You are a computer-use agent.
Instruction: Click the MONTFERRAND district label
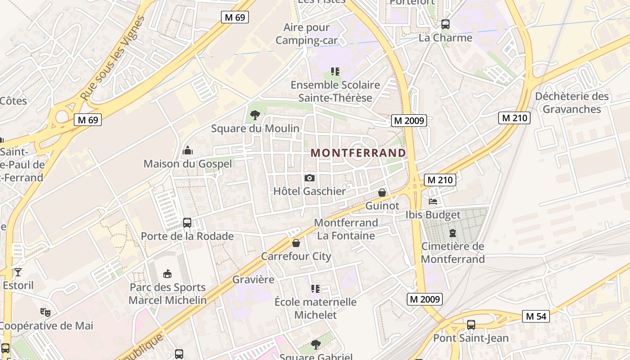click(358, 153)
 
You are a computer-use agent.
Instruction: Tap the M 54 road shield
click(535, 316)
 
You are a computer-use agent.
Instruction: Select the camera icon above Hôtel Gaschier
click(310, 178)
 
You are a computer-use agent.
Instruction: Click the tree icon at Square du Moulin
click(255, 115)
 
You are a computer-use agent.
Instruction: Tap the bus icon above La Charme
click(445, 24)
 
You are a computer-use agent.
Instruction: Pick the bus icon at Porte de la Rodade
click(187, 223)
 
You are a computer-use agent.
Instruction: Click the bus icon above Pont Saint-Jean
click(471, 324)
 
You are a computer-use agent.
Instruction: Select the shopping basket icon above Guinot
click(382, 193)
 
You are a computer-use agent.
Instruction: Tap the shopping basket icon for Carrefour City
click(296, 243)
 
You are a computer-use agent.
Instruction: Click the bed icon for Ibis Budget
click(433, 202)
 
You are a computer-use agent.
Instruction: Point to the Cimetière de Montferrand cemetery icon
click(453, 233)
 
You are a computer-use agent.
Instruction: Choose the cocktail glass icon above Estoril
click(18, 272)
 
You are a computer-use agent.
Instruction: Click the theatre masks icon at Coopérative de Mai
click(45, 312)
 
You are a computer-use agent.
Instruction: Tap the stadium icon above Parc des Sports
click(167, 274)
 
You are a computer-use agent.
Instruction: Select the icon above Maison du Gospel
click(188, 150)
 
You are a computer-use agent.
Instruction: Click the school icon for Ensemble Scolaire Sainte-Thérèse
click(335, 71)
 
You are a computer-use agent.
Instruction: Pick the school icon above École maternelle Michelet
click(315, 288)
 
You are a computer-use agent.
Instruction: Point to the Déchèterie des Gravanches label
click(571, 103)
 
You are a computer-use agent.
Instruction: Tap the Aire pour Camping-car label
click(306, 34)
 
